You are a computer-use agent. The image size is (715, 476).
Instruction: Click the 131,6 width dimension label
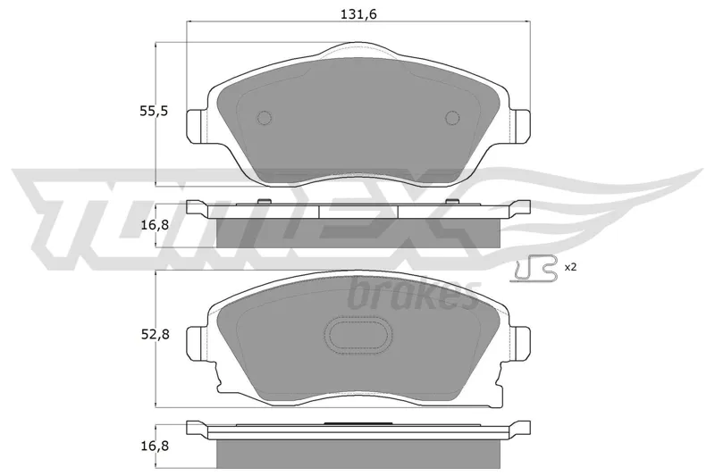(x=358, y=14)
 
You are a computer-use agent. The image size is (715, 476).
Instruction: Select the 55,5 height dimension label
(x=154, y=111)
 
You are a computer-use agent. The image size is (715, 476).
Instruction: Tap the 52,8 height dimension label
(x=154, y=334)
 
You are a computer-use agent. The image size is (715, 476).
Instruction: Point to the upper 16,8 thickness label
(x=154, y=225)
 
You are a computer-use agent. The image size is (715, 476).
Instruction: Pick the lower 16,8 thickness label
(x=154, y=446)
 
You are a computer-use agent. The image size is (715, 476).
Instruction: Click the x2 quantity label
(x=570, y=267)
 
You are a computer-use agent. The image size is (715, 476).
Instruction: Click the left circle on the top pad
(x=265, y=118)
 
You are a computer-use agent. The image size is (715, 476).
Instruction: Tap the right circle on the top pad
(x=452, y=118)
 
